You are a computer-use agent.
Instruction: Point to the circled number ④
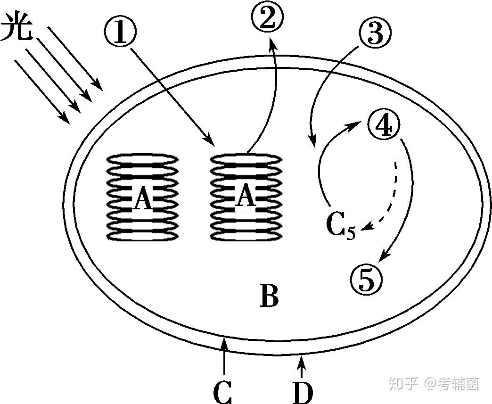pos(384,125)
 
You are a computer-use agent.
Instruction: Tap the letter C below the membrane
pos(222,392)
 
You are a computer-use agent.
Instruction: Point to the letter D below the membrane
pos(303,392)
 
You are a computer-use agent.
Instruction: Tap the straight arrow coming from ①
pos(172,97)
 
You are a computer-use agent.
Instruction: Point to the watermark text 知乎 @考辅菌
pos(434,384)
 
